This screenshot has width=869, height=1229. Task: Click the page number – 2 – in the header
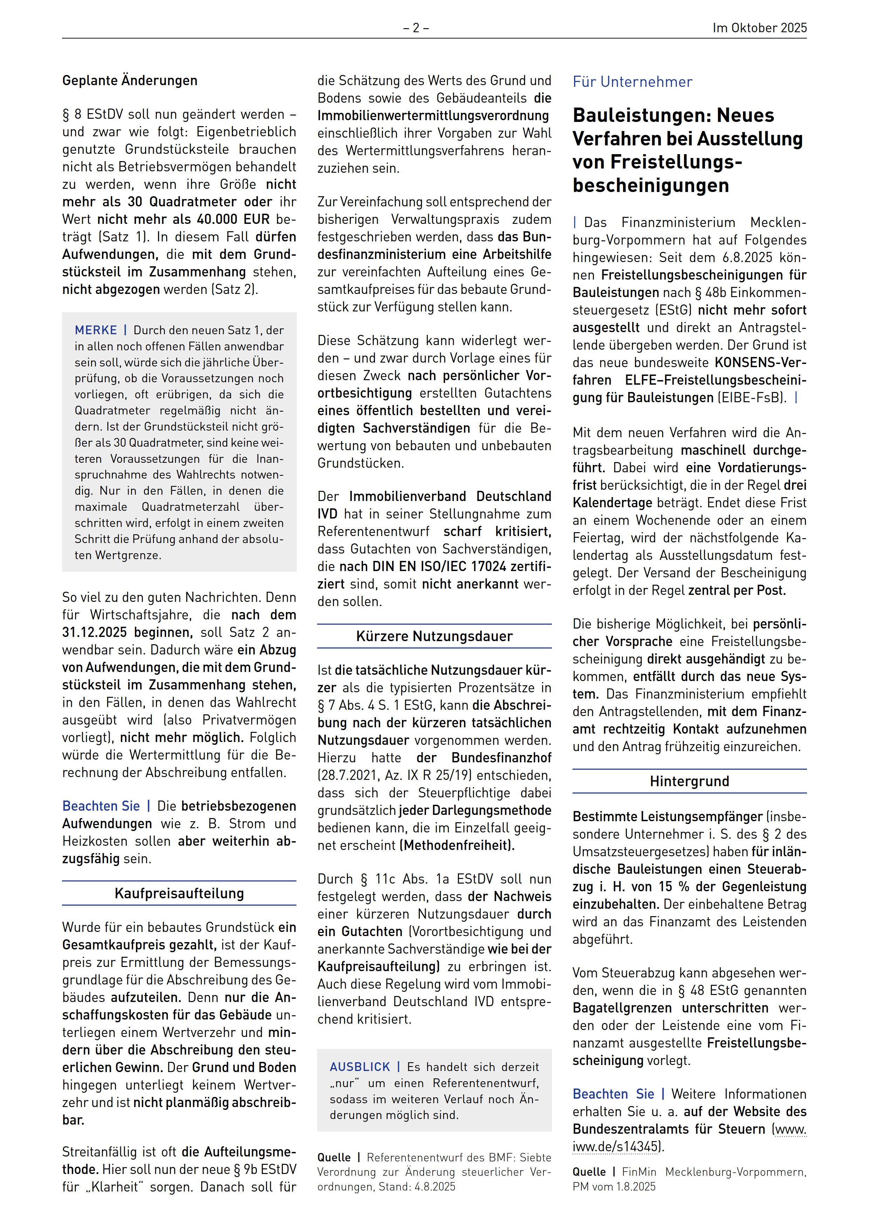(416, 28)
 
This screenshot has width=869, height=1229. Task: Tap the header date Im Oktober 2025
(759, 28)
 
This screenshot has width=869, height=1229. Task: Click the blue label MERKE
(96, 330)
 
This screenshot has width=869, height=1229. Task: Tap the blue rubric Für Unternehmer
(632, 82)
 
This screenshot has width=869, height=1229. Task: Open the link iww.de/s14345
(615, 1147)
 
